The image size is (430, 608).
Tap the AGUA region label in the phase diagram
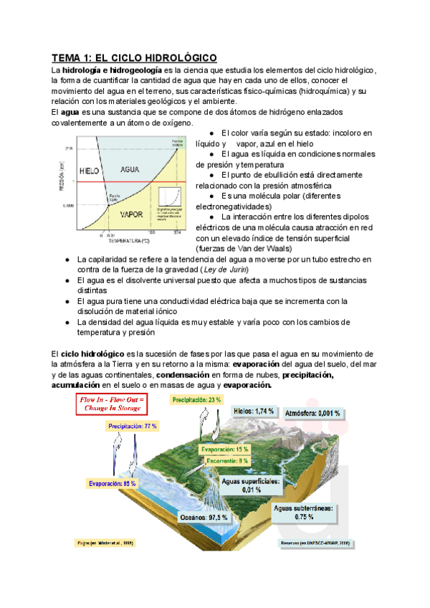[130, 171]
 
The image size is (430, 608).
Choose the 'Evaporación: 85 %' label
[113, 484]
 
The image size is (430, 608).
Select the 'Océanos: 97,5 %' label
[204, 516]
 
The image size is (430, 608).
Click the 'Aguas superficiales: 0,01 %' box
[252, 485]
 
